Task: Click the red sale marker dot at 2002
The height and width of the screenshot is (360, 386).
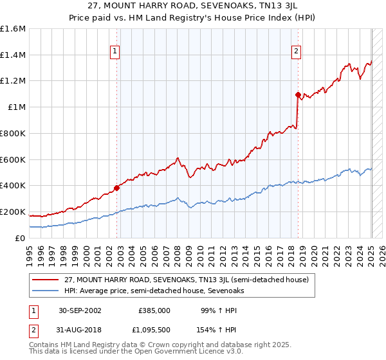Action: click(x=117, y=188)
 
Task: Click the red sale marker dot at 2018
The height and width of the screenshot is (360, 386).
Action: click(x=298, y=94)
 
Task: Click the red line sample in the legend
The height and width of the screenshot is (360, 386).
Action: click(x=45, y=280)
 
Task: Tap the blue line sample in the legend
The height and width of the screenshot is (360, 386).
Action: click(x=45, y=291)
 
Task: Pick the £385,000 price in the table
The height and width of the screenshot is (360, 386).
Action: click(x=154, y=310)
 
